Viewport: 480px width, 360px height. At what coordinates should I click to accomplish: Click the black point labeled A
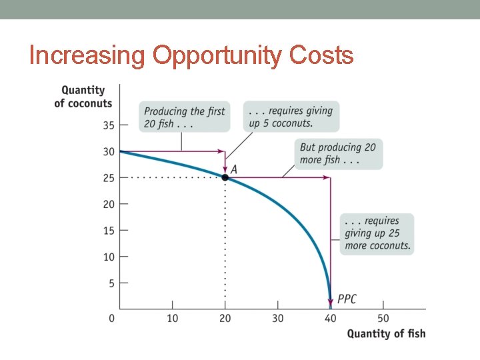coord(225,177)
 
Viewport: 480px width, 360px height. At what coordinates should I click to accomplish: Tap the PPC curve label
coord(347,299)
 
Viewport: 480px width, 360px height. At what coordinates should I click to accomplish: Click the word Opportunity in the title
coord(217,55)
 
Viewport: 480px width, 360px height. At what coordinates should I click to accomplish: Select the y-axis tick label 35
coord(108,125)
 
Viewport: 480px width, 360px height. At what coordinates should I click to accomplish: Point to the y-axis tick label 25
coord(108,178)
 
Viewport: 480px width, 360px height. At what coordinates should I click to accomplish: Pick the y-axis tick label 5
coord(111,283)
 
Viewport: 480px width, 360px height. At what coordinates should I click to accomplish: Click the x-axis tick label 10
coord(172,319)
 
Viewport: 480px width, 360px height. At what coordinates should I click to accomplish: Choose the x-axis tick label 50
coord(383,319)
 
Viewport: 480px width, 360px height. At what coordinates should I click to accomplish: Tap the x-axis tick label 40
coord(331,319)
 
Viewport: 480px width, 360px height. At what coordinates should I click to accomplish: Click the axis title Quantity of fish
coord(386,333)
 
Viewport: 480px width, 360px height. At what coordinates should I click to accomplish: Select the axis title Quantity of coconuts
coord(83,97)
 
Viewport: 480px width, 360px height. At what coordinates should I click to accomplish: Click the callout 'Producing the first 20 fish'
coord(185,117)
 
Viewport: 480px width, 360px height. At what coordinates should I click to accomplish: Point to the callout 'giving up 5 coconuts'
coord(291,117)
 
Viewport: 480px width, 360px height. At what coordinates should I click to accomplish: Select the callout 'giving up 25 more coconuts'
coord(377,233)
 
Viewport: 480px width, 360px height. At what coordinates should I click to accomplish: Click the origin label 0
coord(112,319)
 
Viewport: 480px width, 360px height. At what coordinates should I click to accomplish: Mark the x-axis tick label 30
coord(278,319)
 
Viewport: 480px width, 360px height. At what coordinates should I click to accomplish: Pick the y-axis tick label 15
coord(108,231)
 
